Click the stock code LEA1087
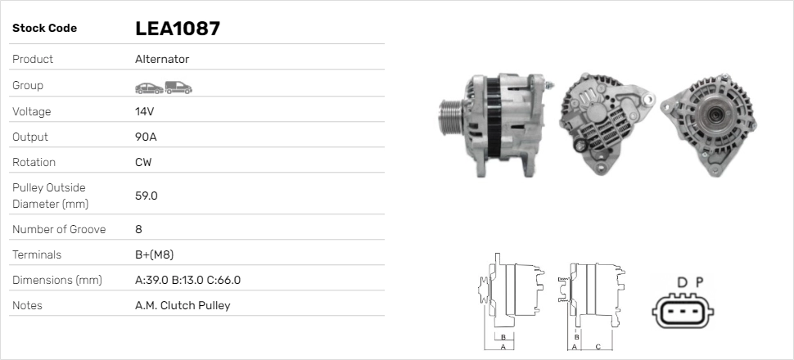point(178,29)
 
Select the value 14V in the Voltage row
point(144,111)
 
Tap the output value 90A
point(146,137)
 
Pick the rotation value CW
point(143,162)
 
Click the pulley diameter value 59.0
point(147,196)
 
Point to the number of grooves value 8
point(139,229)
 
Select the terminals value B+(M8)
point(155,254)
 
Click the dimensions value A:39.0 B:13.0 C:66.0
point(188,280)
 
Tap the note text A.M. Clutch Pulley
point(183,305)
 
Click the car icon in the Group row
point(149,88)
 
